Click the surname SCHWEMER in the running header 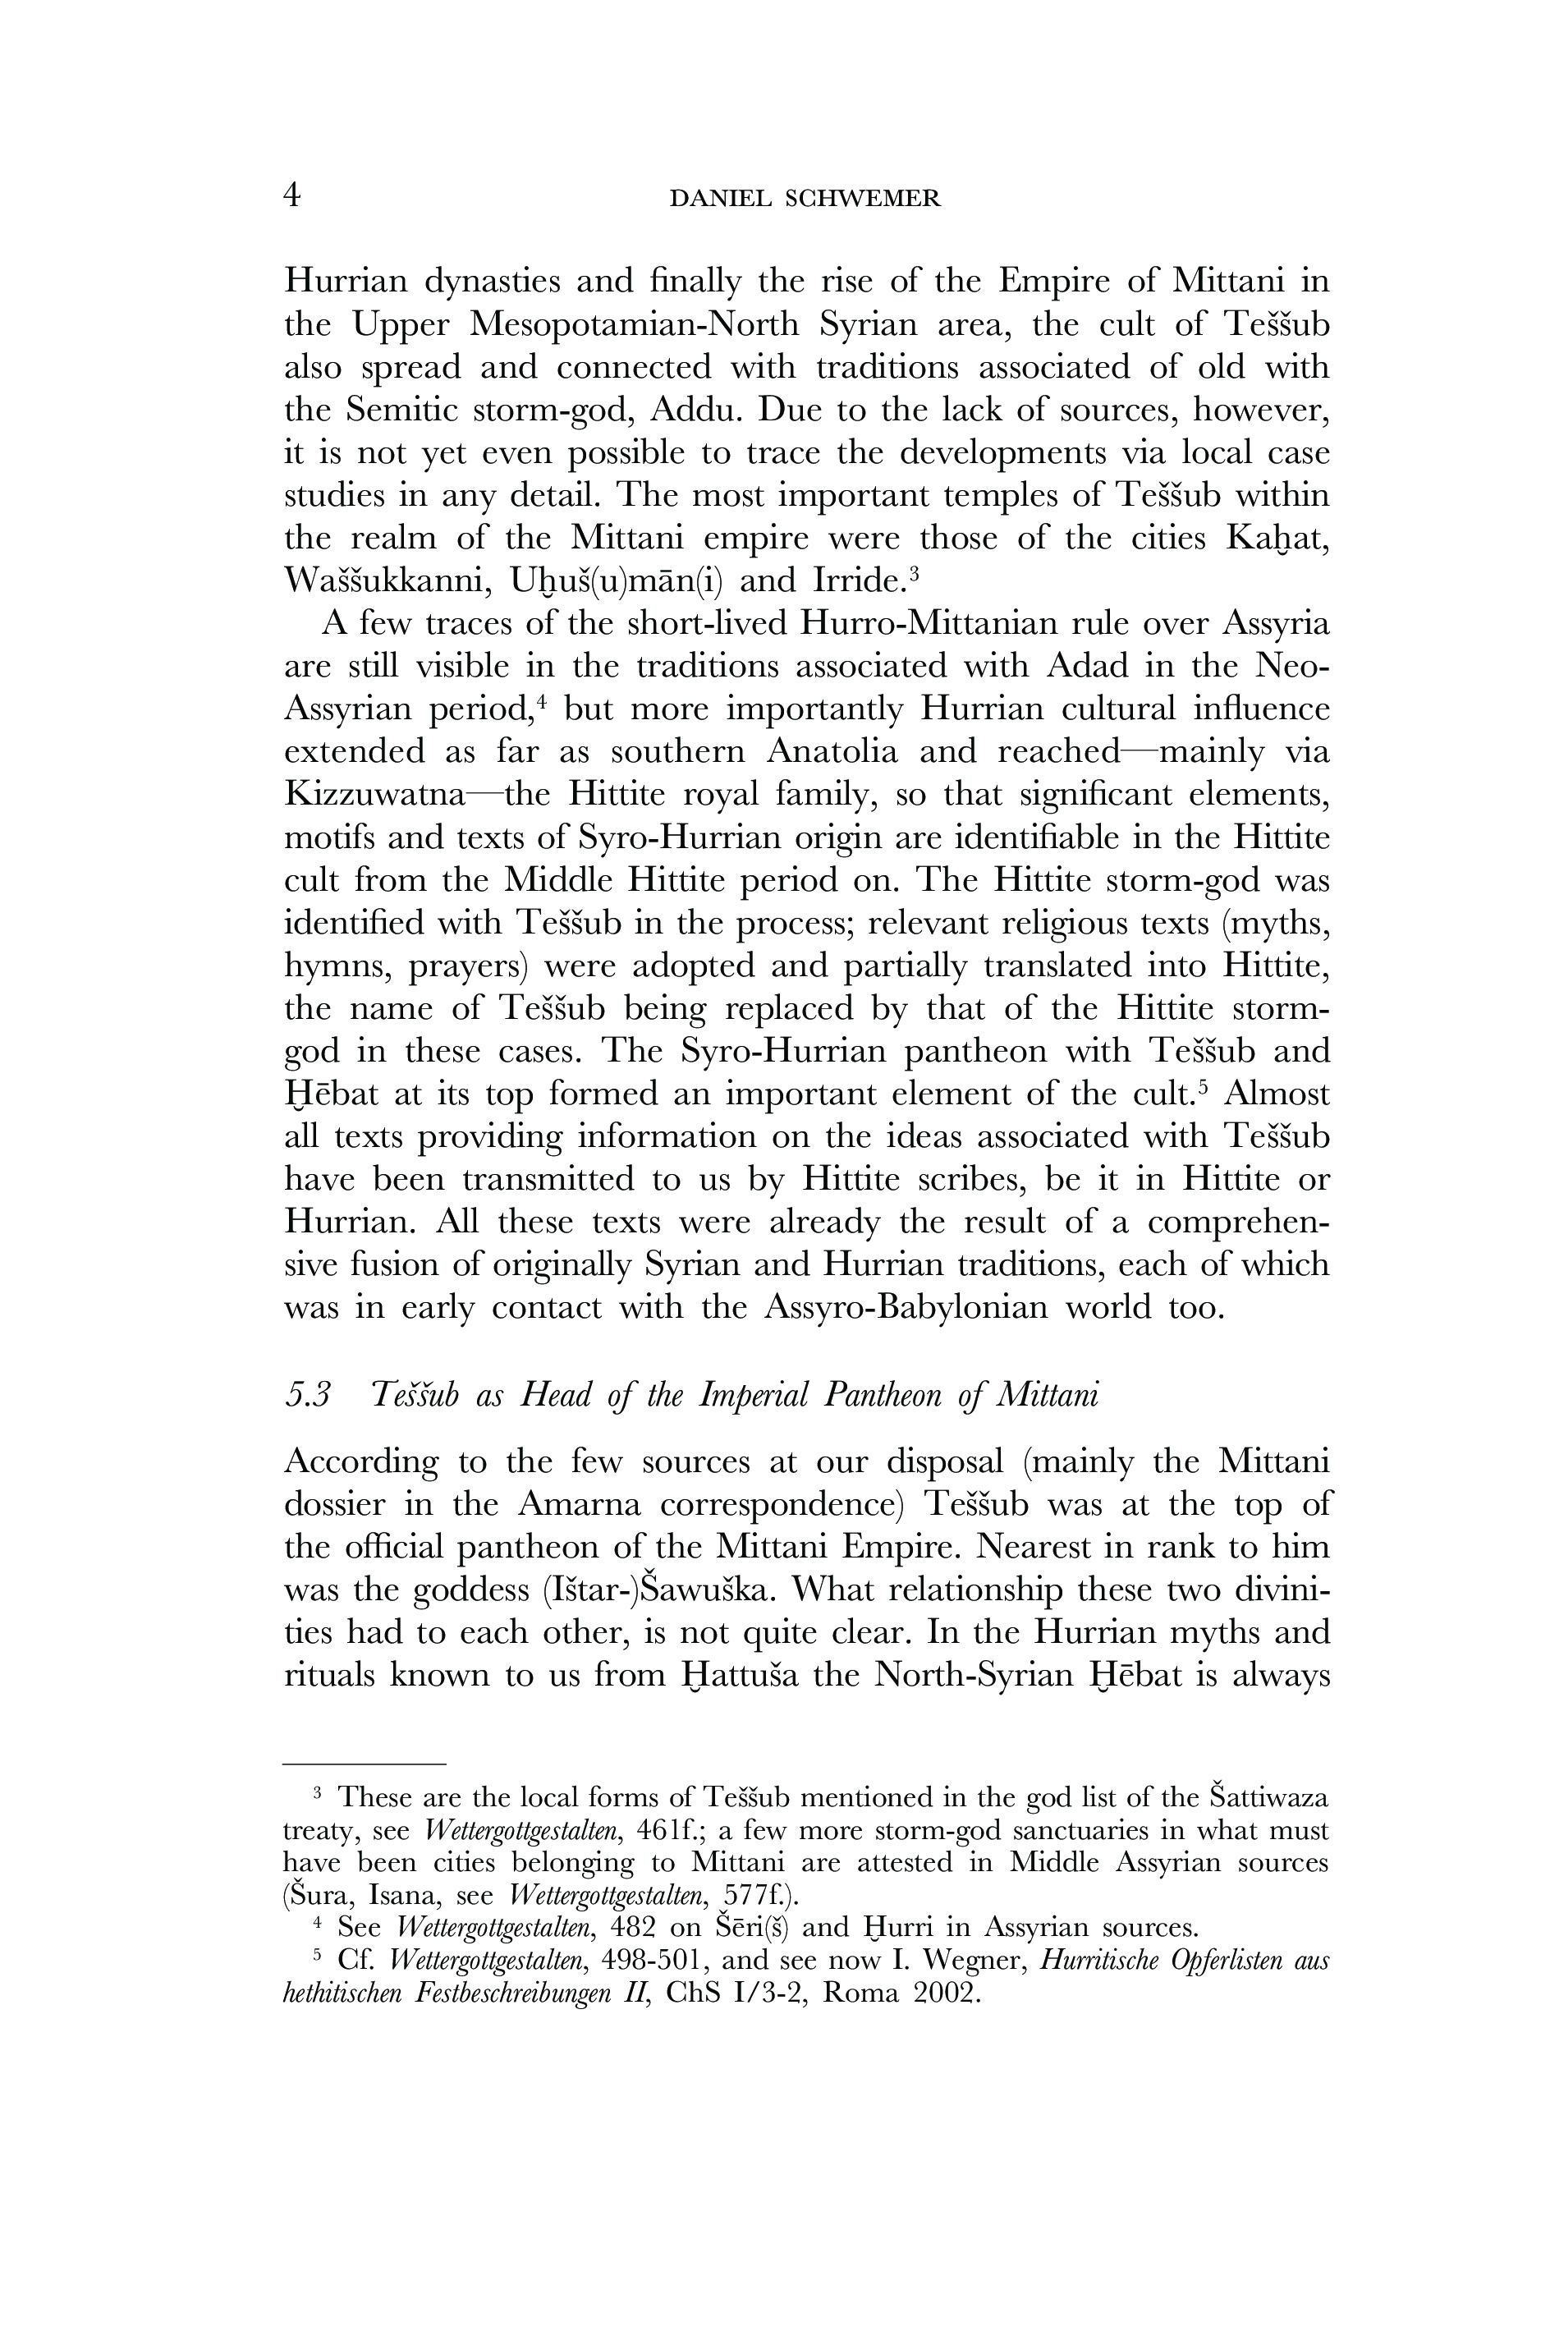(862, 200)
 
